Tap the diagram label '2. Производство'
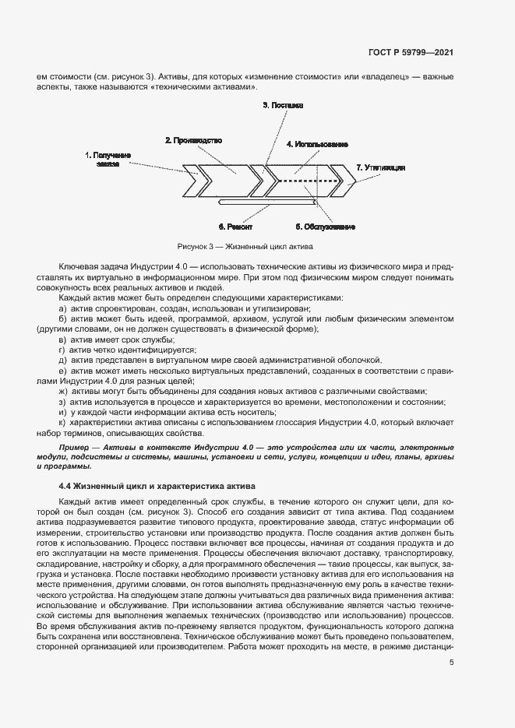coord(194,141)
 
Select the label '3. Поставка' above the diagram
coord(283,104)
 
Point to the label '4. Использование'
coord(316,145)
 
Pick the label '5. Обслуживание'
coord(325,227)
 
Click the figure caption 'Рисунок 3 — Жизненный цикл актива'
coord(245,247)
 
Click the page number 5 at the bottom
coord(451,663)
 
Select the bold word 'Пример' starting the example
coord(73,449)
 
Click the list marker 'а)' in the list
coord(63,308)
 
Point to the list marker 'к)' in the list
coord(63,421)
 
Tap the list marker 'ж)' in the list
coord(63,391)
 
